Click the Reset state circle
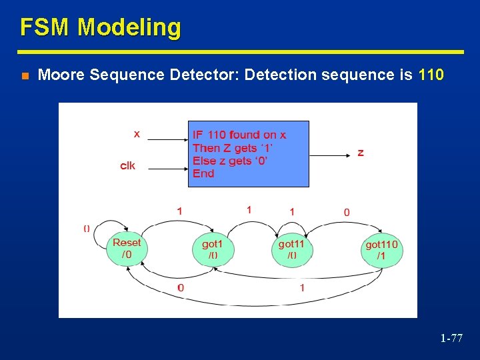click(127, 248)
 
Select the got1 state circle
click(213, 249)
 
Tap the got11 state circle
click(293, 249)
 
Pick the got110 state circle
click(382, 251)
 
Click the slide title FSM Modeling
click(101, 27)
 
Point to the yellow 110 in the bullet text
click(431, 75)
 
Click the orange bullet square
click(25, 76)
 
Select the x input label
click(137, 134)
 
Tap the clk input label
click(127, 165)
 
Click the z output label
click(361, 153)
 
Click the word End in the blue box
click(203, 173)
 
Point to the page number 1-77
click(451, 338)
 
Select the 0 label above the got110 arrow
click(347, 213)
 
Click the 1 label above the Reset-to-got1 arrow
click(180, 211)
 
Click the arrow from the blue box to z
click(330, 155)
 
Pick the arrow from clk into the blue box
click(168, 169)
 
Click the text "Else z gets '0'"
click(230, 161)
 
